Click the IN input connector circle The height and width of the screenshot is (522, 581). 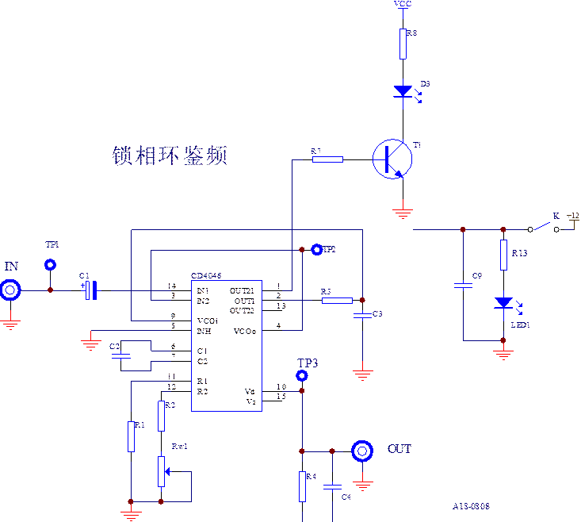(10, 290)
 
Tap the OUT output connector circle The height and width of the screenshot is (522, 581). (362, 451)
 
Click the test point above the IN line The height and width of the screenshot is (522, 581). (50, 264)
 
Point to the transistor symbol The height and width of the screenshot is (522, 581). (392, 159)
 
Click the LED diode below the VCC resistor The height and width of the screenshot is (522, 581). (403, 91)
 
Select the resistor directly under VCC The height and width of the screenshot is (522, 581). (403, 44)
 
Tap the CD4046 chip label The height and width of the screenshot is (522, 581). (207, 276)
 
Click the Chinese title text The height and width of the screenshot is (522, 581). (170, 155)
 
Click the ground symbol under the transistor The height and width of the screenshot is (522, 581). (403, 211)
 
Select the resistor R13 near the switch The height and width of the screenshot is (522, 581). (503, 255)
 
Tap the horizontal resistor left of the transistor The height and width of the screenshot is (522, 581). (327, 159)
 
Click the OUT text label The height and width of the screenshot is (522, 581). (399, 449)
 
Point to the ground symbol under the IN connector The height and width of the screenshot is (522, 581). (10, 322)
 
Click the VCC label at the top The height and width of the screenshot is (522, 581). (403, 5)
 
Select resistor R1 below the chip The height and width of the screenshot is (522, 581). (131, 436)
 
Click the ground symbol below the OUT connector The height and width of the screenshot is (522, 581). (362, 483)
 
